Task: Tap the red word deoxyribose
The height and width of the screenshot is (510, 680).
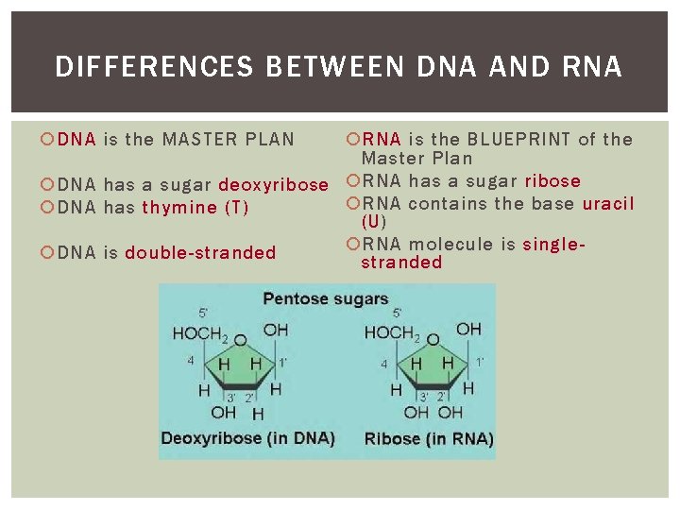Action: (273, 184)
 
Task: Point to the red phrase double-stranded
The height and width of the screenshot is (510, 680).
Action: (200, 252)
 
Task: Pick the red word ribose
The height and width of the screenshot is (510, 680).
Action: (552, 180)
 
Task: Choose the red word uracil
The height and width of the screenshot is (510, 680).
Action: (608, 203)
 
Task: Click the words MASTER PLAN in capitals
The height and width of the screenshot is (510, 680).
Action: (228, 139)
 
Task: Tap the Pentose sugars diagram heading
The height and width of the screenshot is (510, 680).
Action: (326, 299)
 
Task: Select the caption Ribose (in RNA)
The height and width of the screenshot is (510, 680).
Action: (429, 438)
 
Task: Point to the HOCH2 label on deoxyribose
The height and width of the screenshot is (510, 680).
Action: (199, 333)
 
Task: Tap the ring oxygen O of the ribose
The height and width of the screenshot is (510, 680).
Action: (433, 339)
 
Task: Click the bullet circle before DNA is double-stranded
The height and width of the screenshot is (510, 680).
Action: (48, 252)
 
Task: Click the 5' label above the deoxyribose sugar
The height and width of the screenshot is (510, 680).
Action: (204, 313)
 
